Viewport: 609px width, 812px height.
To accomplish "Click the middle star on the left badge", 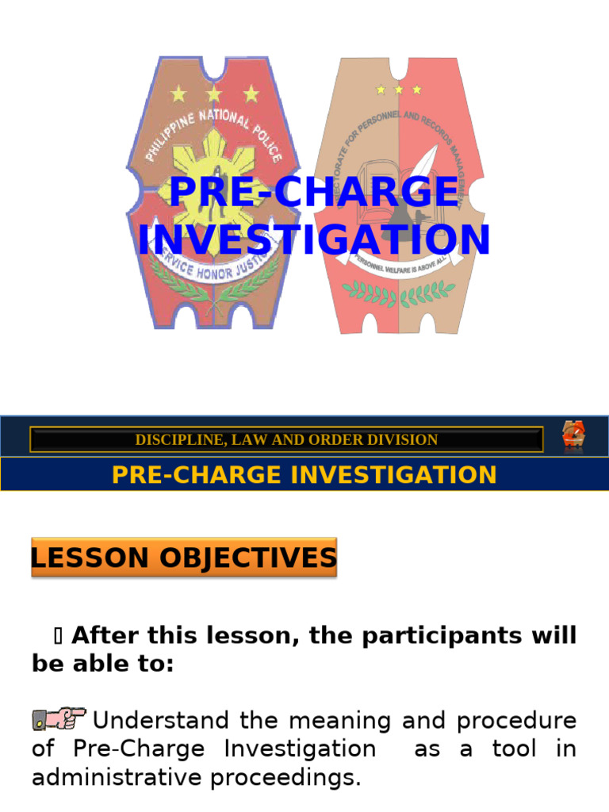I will [214, 94].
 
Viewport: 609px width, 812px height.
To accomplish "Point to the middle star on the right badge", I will [398, 90].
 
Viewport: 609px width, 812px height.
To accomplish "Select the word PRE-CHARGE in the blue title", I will [314, 193].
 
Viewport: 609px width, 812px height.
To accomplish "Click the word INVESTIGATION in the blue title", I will [314, 239].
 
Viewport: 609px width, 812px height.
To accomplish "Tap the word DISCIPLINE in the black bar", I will [170, 440].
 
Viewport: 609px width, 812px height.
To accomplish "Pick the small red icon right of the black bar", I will [573, 437].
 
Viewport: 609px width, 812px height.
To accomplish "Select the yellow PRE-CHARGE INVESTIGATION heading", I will [304, 475].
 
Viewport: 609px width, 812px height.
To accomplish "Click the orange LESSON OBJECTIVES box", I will [184, 557].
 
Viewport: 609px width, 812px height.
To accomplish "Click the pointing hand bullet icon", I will [59, 719].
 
